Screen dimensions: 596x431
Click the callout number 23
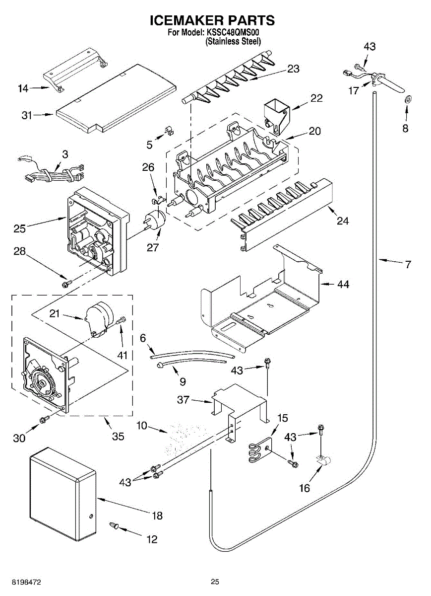(x=294, y=69)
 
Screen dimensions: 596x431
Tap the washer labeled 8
(x=407, y=98)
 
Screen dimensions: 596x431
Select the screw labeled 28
(x=65, y=284)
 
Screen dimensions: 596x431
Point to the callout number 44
(x=343, y=285)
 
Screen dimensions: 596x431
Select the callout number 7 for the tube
(x=408, y=265)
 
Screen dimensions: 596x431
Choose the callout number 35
(x=118, y=437)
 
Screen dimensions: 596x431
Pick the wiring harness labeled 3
(x=50, y=174)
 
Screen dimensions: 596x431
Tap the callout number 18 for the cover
(x=157, y=516)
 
